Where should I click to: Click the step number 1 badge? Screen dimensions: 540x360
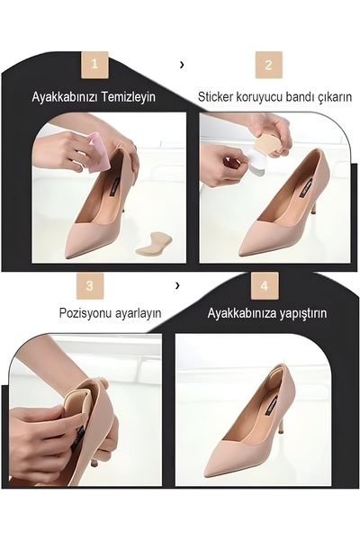[x=94, y=65]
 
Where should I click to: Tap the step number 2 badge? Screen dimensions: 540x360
[x=268, y=65]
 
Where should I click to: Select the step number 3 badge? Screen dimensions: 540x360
[x=89, y=285]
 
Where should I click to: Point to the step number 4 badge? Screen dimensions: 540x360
[x=265, y=285]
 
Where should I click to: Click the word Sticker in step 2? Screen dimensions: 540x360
[x=218, y=96]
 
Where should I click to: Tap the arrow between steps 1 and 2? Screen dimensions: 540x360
[x=183, y=65]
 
